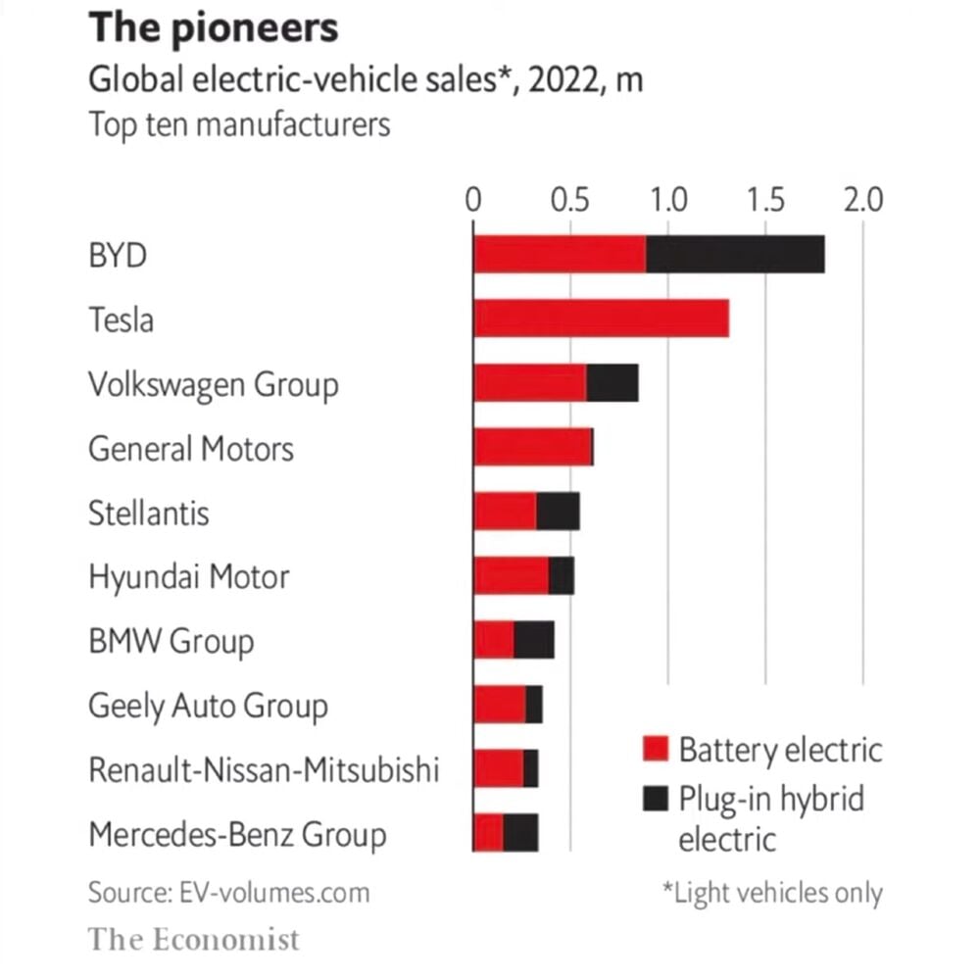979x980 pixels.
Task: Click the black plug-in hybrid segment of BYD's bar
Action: coord(735,254)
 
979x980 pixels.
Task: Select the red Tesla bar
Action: coord(601,318)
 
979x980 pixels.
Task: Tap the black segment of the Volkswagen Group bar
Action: coord(612,382)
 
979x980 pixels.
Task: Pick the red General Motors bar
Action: coord(532,447)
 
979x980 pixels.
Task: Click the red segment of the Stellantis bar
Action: coord(505,512)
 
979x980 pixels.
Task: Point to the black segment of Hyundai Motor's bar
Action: coord(562,575)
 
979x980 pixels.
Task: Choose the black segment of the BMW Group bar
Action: coord(534,640)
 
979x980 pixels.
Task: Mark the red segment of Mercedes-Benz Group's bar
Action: coord(488,832)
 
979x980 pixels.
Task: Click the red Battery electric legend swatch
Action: coord(656,751)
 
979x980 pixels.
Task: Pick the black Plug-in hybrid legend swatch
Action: coord(656,799)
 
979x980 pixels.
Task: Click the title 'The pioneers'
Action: coord(213,28)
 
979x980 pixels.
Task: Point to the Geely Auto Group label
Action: coord(208,706)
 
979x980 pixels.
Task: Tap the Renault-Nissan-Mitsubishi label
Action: coord(263,769)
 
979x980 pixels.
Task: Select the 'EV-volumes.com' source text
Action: coord(274,893)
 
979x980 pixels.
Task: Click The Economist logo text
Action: coord(194,939)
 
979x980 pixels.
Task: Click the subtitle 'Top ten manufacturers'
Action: coord(239,125)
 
